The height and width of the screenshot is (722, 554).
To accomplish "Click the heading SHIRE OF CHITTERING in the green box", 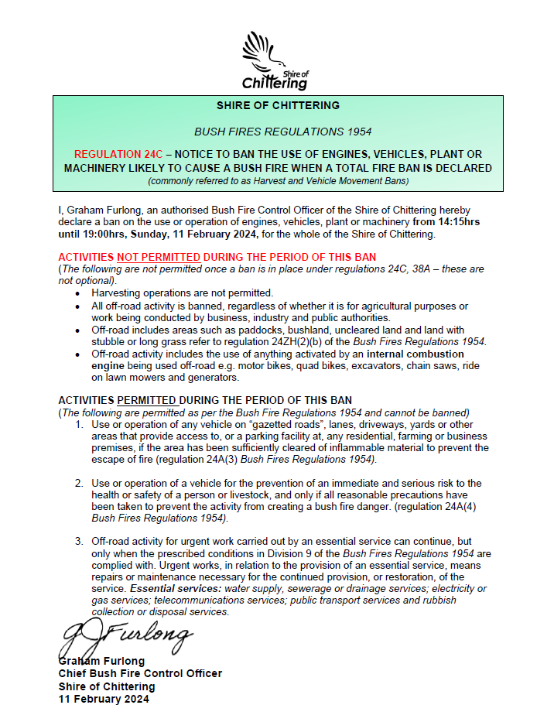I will pyautogui.click(x=277, y=105).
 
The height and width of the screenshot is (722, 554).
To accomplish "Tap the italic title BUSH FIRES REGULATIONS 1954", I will pyautogui.click(x=277, y=132).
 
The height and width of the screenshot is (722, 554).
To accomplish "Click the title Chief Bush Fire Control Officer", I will pyautogui.click(x=140, y=673).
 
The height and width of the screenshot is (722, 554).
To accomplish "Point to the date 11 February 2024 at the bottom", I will pyautogui.click(x=104, y=699).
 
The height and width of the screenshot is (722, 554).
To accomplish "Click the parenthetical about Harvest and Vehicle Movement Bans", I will pyautogui.click(x=277, y=180).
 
